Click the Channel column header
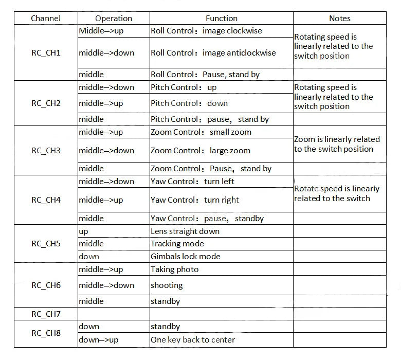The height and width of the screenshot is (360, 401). coord(46,19)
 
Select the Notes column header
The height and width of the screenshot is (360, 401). coord(339,19)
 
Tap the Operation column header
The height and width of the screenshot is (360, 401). coord(114,19)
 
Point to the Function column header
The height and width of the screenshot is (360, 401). coord(222,19)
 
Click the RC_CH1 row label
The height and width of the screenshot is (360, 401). coord(46,52)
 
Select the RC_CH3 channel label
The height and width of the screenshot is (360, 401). coord(46,151)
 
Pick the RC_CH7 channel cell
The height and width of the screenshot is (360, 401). coord(46,314)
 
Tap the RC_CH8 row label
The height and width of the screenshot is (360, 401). coord(46,333)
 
